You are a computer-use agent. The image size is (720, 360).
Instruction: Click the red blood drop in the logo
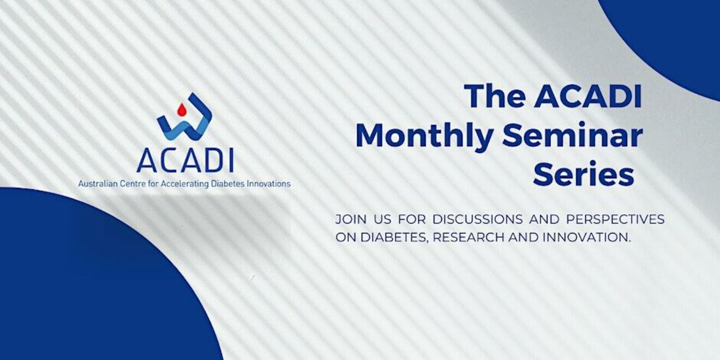pos(182,109)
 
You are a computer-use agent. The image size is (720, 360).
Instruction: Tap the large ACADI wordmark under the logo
pos(185,160)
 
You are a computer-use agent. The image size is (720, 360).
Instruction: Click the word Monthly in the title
pos(424,136)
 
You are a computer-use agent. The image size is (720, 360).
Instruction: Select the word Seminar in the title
pos(572,135)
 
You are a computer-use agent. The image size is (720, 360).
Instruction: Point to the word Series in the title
pos(584,174)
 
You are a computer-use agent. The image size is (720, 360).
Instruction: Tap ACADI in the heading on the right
pos(588,96)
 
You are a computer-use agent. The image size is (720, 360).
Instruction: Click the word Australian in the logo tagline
pos(98,184)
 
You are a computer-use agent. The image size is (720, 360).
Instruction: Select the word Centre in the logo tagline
pos(131,184)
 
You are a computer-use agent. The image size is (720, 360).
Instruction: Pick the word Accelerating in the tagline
pos(184,184)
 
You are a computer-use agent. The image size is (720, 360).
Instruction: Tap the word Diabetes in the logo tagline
pos(227,184)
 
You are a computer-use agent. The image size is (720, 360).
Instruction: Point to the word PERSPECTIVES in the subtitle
pos(615,219)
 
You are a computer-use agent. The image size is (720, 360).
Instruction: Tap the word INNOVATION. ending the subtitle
pos(586,237)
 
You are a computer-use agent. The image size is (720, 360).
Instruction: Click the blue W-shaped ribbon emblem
pos(184,116)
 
